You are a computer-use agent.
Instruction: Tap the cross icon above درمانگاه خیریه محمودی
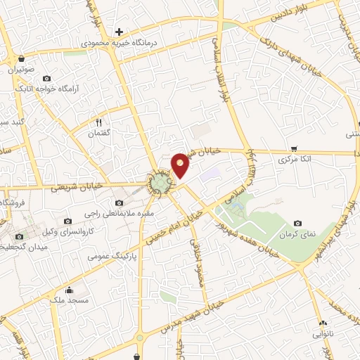(120, 32)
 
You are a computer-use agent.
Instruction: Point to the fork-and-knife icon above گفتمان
(98, 121)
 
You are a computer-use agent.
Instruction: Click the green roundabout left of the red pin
(160, 184)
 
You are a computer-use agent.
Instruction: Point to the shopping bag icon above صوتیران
(22, 59)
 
